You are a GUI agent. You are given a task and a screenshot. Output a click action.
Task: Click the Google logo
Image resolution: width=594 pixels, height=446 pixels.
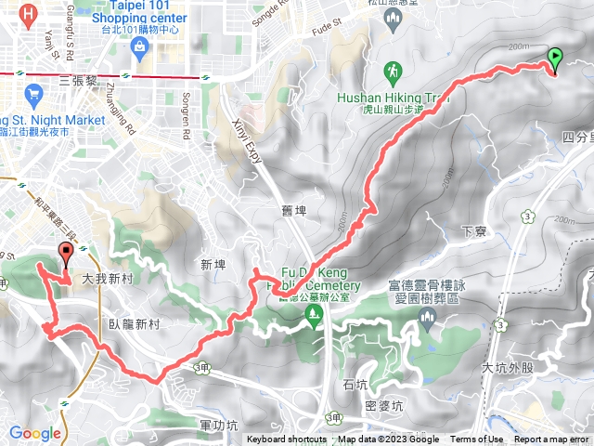tap(35, 433)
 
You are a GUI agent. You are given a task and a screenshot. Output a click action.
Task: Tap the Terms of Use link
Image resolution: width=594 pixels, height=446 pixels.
tap(476, 439)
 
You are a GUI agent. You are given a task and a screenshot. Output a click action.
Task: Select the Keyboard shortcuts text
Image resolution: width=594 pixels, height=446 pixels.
tap(288, 439)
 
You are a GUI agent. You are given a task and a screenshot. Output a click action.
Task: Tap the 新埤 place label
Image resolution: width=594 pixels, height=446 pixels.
tap(213, 265)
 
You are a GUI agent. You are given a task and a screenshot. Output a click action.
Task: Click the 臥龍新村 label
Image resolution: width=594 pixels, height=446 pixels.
tap(134, 325)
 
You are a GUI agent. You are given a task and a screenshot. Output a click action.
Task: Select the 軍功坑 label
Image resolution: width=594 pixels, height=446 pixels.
tap(217, 425)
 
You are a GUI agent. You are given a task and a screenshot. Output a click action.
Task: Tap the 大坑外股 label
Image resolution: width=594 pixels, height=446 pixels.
tap(508, 367)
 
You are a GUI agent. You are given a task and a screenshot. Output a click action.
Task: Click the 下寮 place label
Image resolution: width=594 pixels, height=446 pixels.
tap(474, 230)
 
